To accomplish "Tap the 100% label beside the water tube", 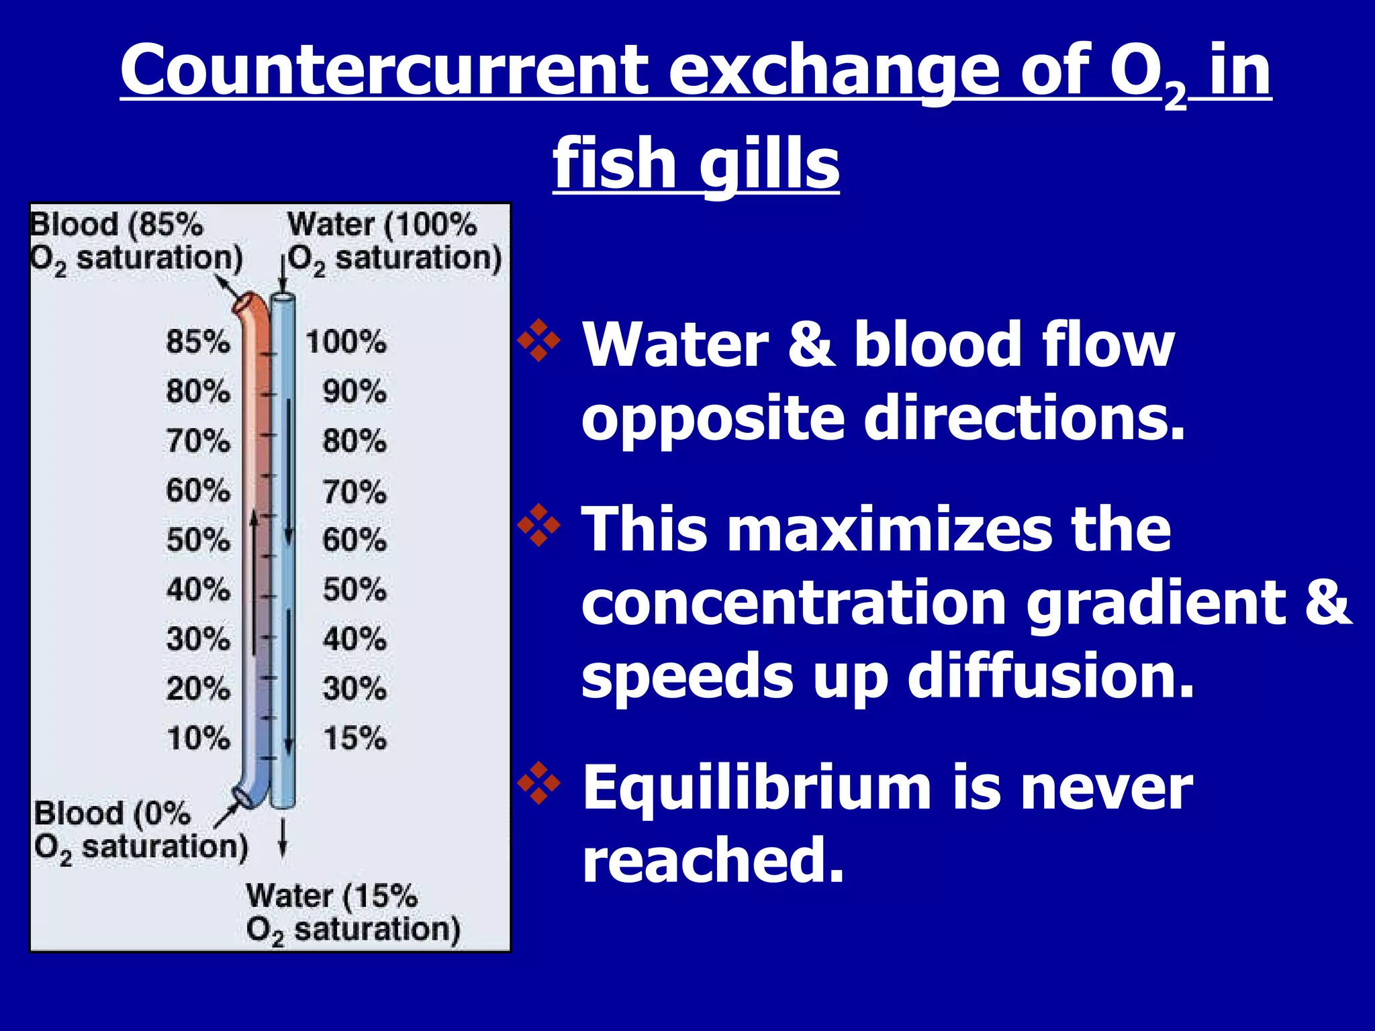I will (346, 342).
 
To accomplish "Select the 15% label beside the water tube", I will (354, 738).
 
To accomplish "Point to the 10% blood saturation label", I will (198, 738).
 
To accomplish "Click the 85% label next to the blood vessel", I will (198, 342).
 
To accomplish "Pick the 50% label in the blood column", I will (198, 540).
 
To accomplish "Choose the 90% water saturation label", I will (354, 392).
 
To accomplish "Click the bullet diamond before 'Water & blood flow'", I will (539, 340).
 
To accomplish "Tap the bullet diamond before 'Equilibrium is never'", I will (539, 783).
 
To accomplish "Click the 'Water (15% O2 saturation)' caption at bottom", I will (352, 913).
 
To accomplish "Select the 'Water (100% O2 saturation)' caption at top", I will (395, 242).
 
